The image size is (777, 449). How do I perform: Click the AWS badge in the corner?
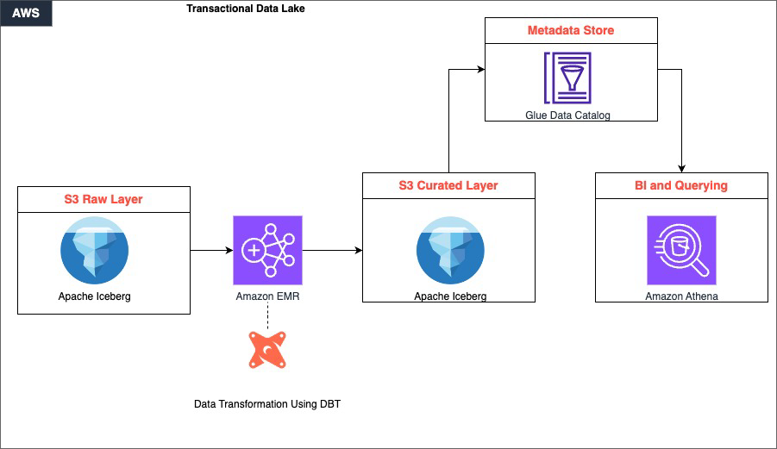pyautogui.click(x=26, y=14)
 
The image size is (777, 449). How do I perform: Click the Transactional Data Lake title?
pyautogui.click(x=245, y=9)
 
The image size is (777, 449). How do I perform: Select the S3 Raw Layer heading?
pyautogui.click(x=103, y=199)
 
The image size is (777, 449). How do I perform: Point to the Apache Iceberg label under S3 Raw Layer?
pyautogui.click(x=95, y=296)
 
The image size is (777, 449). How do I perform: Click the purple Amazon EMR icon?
pyautogui.click(x=267, y=250)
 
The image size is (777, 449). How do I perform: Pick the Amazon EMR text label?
pyautogui.click(x=267, y=296)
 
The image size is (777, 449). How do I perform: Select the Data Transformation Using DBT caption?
pyautogui.click(x=267, y=403)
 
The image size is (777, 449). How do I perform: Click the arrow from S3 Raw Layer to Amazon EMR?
pyautogui.click(x=211, y=251)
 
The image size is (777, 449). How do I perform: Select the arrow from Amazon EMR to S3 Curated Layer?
pyautogui.click(x=332, y=251)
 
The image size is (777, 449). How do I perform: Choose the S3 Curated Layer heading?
pyautogui.click(x=448, y=185)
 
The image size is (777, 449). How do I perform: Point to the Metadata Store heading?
pyautogui.click(x=571, y=31)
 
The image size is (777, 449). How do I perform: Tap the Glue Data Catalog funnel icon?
pyautogui.click(x=567, y=78)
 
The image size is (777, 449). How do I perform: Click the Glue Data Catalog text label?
pyautogui.click(x=567, y=115)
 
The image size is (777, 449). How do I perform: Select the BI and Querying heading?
pyautogui.click(x=681, y=185)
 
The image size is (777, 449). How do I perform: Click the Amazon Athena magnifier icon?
pyautogui.click(x=681, y=250)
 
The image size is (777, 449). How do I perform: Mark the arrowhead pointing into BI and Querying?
pyautogui.click(x=682, y=168)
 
